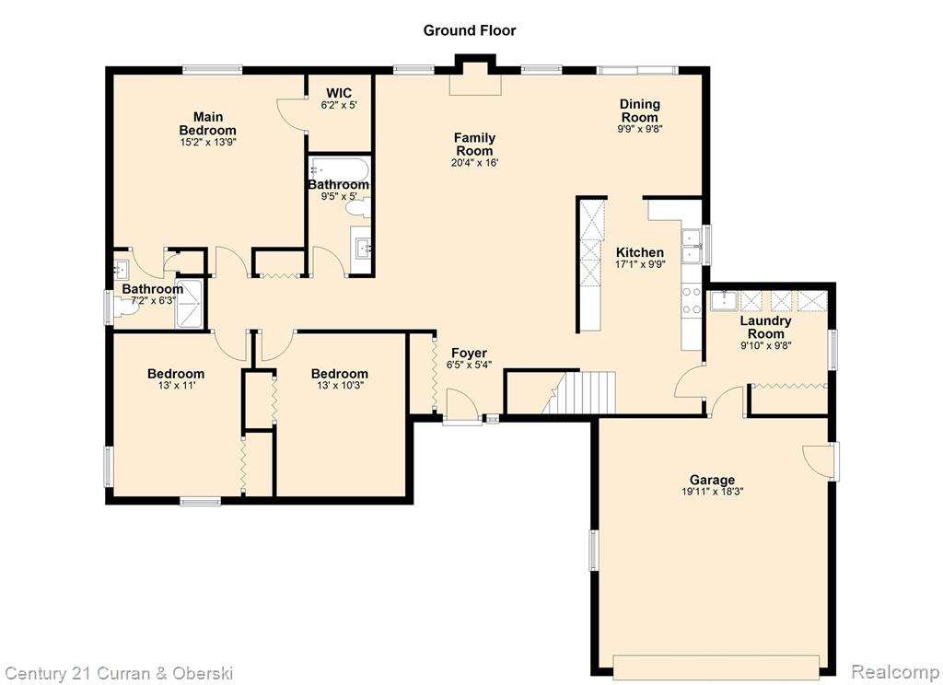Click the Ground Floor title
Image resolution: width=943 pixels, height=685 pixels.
point(469,30)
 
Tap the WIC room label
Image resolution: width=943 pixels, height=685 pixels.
point(339,93)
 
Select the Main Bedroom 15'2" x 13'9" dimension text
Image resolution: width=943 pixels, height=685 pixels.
point(207,143)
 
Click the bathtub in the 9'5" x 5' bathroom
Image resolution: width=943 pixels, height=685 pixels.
point(339,168)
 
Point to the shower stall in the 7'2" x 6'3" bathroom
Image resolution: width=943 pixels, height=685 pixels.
point(190,304)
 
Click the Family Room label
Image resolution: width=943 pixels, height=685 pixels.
point(474,145)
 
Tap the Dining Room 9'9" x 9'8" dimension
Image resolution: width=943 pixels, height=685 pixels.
point(640,129)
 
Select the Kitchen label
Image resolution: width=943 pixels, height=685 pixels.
point(640,252)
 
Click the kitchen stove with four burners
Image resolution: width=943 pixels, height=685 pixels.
point(692,301)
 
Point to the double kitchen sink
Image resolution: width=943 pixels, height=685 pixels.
point(692,247)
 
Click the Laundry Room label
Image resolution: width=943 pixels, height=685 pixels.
point(765,327)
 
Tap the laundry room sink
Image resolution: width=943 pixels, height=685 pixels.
point(724,300)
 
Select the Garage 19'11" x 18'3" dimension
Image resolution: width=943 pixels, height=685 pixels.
point(712,492)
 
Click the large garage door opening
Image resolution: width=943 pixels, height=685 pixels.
point(716,667)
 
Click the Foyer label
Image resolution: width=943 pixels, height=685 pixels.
point(469,353)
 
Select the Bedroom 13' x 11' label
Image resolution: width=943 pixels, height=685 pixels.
point(176,379)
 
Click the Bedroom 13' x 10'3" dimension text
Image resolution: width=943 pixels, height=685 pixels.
point(340,386)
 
